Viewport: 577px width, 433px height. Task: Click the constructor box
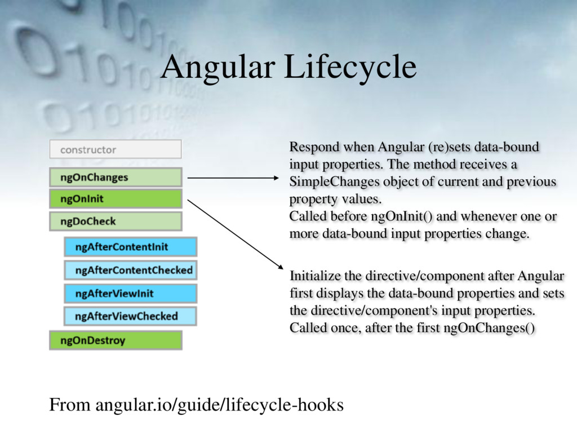[116, 149]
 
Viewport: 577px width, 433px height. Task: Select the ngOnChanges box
[116, 177]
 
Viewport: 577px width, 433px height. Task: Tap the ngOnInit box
[116, 199]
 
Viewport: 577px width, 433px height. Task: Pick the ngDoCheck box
[116, 221]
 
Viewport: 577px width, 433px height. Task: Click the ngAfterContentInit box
[131, 247]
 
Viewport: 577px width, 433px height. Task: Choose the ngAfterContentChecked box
[131, 270]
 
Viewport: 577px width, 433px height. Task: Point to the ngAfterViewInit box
[131, 294]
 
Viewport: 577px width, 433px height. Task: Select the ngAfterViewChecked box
[131, 316]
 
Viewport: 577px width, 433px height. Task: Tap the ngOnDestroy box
[116, 341]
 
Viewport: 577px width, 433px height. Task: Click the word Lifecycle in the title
[350, 68]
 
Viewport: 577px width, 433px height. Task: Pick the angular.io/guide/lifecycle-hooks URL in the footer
[219, 404]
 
